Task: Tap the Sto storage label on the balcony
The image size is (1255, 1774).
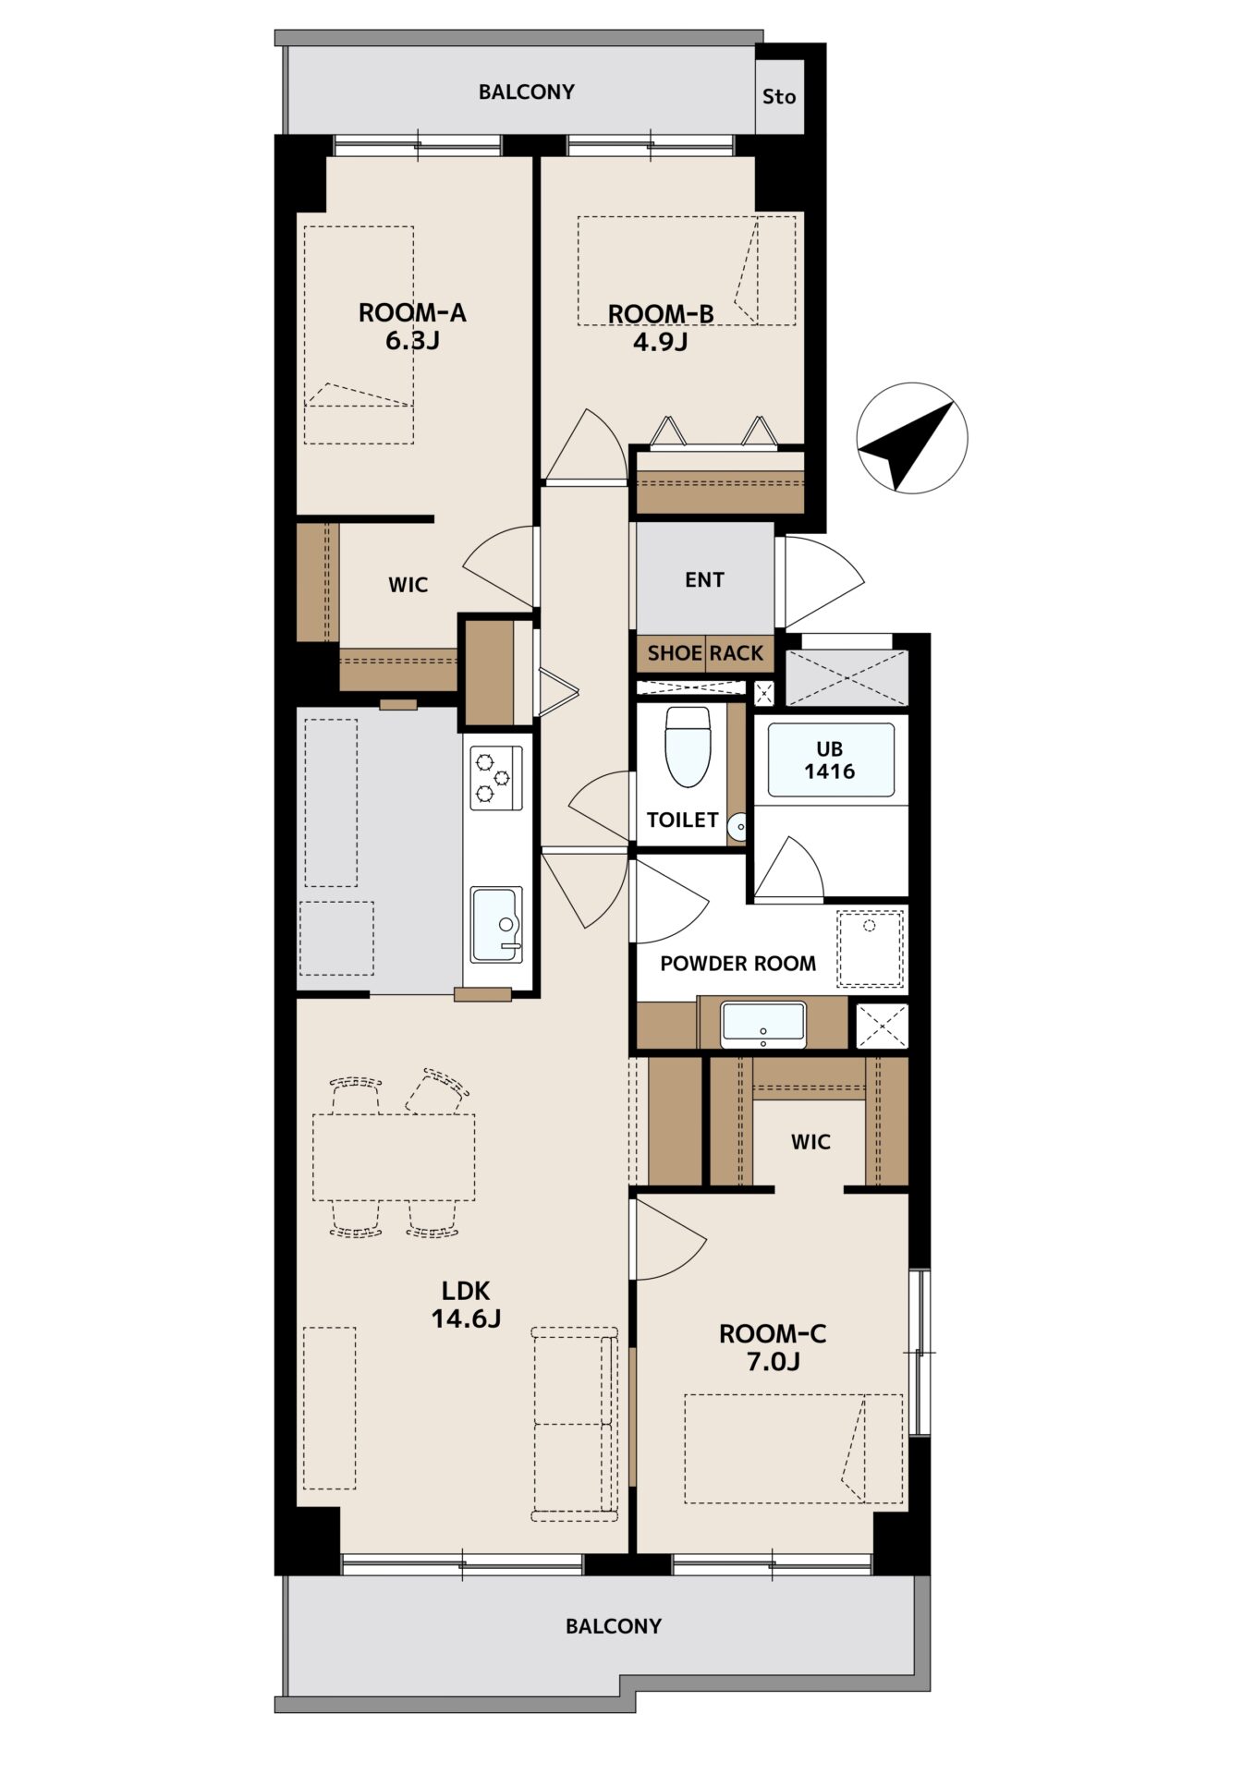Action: coord(779,96)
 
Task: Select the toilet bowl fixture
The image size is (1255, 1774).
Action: coord(688,747)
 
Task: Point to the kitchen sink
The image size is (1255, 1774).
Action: coord(497,924)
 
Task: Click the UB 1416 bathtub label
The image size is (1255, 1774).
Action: coord(830,760)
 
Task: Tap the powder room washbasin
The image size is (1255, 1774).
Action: coord(763,1024)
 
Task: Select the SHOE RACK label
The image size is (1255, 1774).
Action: coord(705,653)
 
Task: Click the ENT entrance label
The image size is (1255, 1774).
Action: coord(704,579)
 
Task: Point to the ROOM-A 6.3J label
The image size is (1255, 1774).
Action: coord(412,326)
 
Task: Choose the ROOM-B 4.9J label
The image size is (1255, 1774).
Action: coord(661,328)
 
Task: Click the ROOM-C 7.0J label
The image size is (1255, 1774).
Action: coord(773,1347)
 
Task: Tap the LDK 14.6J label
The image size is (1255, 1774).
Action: coord(466,1304)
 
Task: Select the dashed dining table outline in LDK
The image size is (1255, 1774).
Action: coord(394,1157)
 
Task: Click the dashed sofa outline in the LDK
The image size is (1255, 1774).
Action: coord(575,1424)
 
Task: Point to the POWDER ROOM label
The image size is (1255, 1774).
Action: coord(737,964)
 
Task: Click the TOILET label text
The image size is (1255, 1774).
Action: coord(682,820)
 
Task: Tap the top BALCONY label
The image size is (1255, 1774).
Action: coord(526,91)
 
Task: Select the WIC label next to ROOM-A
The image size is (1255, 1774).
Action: coord(408,585)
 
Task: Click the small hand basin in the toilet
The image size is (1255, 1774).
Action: coord(737,827)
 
